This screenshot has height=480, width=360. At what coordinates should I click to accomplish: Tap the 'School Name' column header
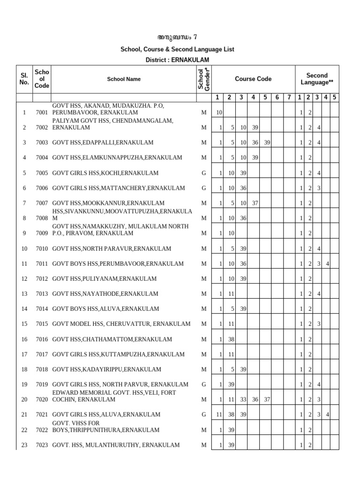(x=123, y=79)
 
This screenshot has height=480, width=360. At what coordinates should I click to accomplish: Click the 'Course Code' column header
(x=253, y=79)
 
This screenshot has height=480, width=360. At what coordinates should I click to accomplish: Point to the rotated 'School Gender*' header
(x=204, y=79)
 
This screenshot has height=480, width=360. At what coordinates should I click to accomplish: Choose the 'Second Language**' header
(x=317, y=79)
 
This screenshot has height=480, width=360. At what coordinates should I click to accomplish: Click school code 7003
(x=42, y=142)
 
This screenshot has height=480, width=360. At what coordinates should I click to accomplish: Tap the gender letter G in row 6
(x=203, y=188)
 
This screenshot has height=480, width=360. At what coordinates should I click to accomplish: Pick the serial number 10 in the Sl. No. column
(x=24, y=248)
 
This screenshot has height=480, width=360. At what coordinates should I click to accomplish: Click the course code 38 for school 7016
(x=231, y=339)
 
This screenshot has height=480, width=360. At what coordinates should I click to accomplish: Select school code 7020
(x=42, y=399)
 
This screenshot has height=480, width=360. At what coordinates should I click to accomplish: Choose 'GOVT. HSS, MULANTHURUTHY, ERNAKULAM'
(x=115, y=445)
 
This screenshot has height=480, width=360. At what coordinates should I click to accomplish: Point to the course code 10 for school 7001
(x=219, y=112)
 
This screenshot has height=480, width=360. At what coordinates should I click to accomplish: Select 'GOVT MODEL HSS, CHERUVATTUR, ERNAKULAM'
(x=121, y=324)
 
